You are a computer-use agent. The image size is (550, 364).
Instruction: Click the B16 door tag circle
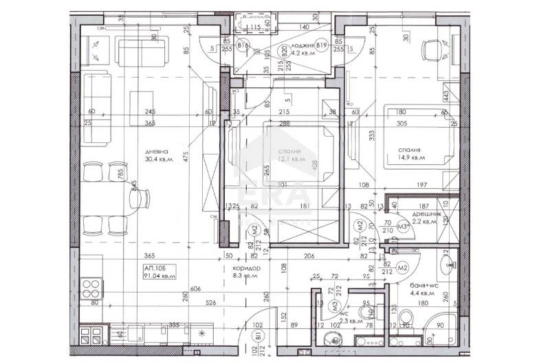click(x=241, y=46)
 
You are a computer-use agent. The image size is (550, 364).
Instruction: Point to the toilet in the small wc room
click(x=333, y=338)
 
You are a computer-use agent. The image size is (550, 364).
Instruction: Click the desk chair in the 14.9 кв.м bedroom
click(x=432, y=49)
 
